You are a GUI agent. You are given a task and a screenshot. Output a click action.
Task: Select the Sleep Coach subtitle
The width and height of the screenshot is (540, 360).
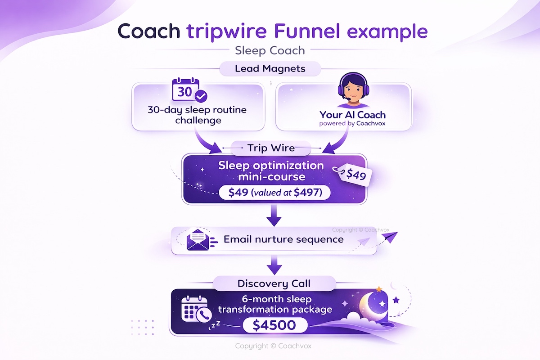(x=270, y=50)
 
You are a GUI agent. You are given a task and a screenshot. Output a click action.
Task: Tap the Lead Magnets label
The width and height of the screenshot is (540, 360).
(x=270, y=69)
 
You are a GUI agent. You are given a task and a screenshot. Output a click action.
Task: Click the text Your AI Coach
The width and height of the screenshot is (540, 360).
(x=353, y=115)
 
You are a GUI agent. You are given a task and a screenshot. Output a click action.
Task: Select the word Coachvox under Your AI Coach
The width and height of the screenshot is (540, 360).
(x=370, y=123)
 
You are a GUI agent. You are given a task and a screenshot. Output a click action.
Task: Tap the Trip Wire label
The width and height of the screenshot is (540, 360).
(x=270, y=148)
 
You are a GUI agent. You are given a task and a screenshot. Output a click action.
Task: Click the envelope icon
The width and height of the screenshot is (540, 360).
(x=198, y=240)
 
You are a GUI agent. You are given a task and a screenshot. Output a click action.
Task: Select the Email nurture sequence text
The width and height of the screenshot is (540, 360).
(x=283, y=239)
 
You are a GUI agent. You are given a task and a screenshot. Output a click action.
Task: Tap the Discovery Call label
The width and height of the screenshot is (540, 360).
(x=274, y=284)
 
